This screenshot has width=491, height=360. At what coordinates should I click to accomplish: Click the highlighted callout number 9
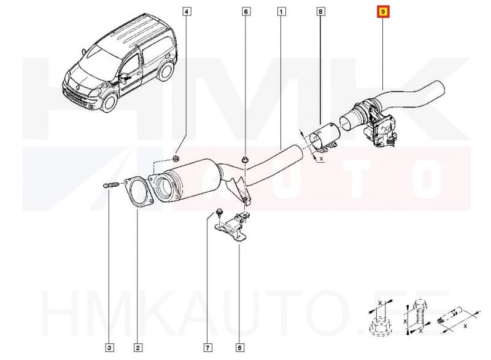tap(383, 12)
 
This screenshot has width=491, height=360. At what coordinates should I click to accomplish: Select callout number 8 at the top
tap(321, 12)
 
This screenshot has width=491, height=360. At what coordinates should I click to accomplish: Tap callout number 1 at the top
tap(280, 12)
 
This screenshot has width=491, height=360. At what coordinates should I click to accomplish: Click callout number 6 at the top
tap(245, 12)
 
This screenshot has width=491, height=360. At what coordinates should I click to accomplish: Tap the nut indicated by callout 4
tap(176, 160)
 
